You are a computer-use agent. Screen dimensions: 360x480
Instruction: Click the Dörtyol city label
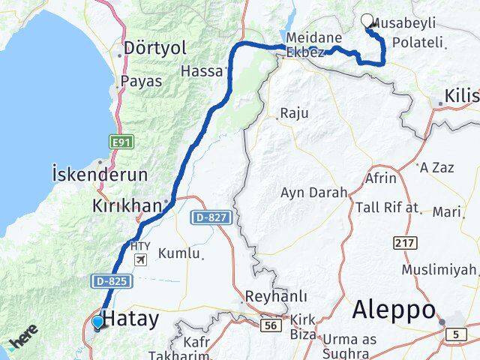(x=155, y=49)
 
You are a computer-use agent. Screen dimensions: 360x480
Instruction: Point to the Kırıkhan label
(x=127, y=205)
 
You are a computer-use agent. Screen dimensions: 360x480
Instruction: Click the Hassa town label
(x=202, y=71)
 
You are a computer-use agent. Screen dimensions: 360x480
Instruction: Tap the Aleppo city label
(x=394, y=309)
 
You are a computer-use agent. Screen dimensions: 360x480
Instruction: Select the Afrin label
(x=380, y=179)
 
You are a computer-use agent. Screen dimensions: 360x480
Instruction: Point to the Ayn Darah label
(x=313, y=192)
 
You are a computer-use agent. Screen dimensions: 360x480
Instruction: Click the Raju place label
(x=293, y=114)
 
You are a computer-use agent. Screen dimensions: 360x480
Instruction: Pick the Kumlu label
(x=179, y=253)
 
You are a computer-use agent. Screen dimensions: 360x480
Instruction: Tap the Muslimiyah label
(x=439, y=269)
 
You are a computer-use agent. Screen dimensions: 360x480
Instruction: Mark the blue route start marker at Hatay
(x=97, y=323)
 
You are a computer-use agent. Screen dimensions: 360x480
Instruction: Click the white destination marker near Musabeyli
(x=367, y=21)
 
